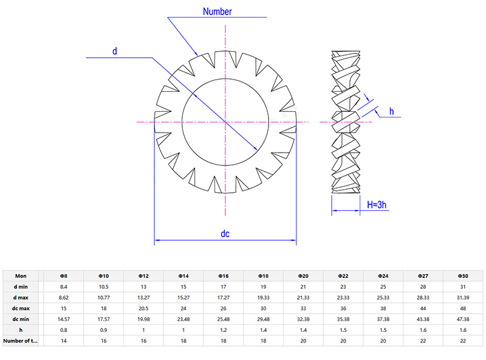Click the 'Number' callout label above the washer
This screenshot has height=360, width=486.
click(x=217, y=12)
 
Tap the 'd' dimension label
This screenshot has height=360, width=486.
click(x=114, y=50)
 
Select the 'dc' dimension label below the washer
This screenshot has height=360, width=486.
click(x=225, y=234)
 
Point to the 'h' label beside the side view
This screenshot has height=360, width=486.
click(x=391, y=111)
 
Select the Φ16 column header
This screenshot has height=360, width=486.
click(x=224, y=275)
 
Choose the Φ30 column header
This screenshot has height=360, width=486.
click(x=463, y=275)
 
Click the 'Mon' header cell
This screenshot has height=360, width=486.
click(x=21, y=275)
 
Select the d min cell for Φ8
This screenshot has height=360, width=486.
click(x=63, y=287)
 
